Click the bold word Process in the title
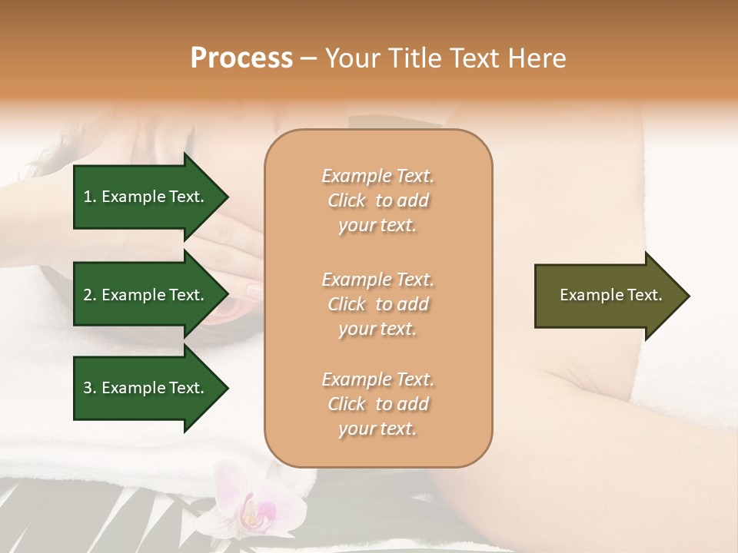(241, 58)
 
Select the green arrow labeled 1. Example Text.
(146, 197)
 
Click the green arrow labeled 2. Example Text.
(146, 295)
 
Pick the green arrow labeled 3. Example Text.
(146, 388)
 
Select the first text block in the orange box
(377, 200)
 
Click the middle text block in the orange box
(377, 304)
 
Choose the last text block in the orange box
(377, 404)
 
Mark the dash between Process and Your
(308, 59)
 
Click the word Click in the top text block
(347, 200)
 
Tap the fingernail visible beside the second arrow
(254, 290)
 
